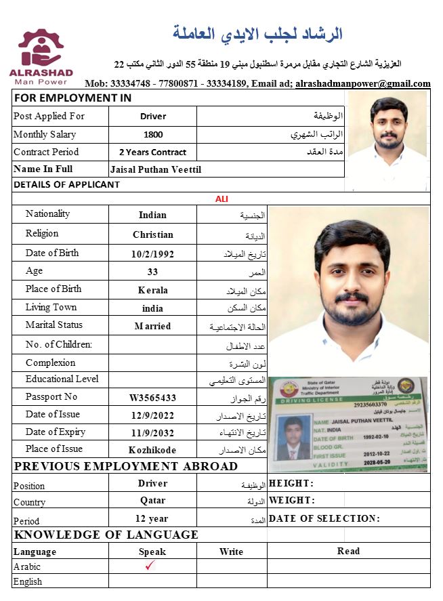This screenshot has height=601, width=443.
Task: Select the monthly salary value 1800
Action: (x=153, y=134)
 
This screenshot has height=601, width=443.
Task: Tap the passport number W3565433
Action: (x=152, y=398)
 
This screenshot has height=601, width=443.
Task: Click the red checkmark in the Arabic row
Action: (x=151, y=565)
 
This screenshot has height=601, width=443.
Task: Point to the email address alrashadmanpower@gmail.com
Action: (x=363, y=84)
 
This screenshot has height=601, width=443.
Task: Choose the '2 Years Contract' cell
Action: (x=152, y=152)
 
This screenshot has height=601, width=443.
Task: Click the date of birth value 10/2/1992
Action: (x=152, y=254)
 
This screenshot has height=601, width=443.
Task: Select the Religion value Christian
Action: (x=152, y=234)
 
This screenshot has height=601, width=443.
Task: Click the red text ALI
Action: (x=221, y=199)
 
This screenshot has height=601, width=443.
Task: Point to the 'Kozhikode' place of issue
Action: (x=152, y=450)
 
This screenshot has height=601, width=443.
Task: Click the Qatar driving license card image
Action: (x=348, y=424)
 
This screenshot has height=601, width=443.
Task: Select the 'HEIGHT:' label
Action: (x=291, y=483)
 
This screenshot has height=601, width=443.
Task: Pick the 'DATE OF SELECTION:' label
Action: (x=324, y=518)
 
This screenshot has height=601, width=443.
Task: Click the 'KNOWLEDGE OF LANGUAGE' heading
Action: (x=106, y=535)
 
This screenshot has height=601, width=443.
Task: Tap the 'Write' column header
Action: (x=231, y=552)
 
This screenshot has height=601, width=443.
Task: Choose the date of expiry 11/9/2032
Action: (x=152, y=432)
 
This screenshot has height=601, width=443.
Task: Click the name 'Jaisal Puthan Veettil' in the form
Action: (x=155, y=169)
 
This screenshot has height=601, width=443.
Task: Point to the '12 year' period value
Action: (x=152, y=518)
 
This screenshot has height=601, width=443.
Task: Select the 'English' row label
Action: (x=28, y=581)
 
